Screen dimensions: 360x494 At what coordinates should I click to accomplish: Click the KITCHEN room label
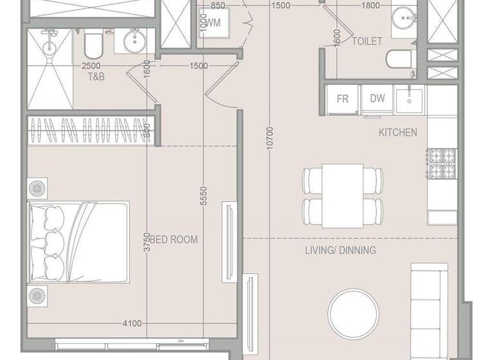click(398, 133)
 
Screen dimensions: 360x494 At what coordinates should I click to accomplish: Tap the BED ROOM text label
click(174, 240)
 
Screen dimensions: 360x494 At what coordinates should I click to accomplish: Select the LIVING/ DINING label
click(340, 250)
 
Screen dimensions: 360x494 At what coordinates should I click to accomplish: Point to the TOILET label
click(367, 41)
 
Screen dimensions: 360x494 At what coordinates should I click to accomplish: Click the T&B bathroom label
click(96, 76)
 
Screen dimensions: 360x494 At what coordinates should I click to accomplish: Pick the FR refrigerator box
click(342, 100)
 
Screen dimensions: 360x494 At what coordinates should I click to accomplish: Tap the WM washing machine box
click(213, 23)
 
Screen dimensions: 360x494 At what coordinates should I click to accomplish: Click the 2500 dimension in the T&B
click(91, 66)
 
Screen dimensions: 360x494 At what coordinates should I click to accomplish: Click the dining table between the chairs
click(342, 195)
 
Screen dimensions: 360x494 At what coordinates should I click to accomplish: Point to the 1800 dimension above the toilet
click(370, 6)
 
